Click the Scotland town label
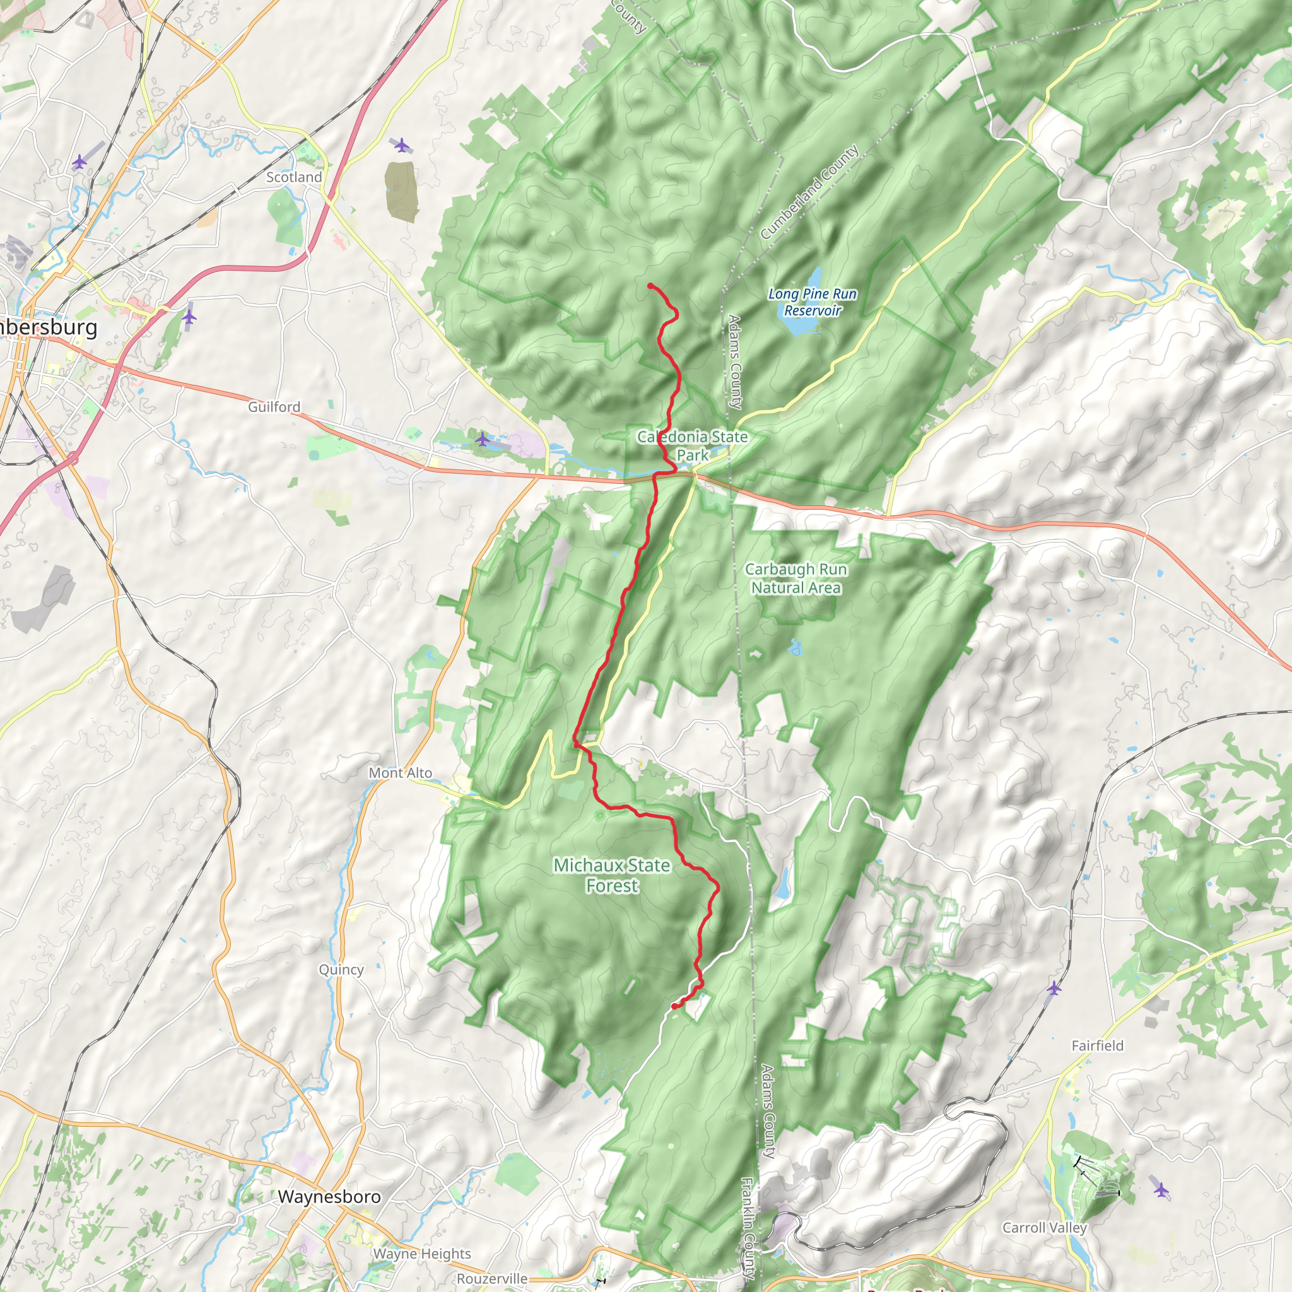point(293,177)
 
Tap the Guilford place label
point(274,407)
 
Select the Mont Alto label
point(400,772)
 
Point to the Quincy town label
point(341,969)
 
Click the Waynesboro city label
point(329,1196)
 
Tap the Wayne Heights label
point(422,1254)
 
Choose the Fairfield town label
point(1098,1045)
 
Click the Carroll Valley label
point(1045,1227)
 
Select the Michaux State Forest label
point(612,875)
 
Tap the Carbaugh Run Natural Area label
point(796,578)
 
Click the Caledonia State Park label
point(692,445)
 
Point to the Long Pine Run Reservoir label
point(812,302)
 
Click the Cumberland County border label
point(809,192)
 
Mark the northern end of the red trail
point(650,286)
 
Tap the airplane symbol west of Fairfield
point(1054,988)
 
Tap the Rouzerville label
point(492,1279)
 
